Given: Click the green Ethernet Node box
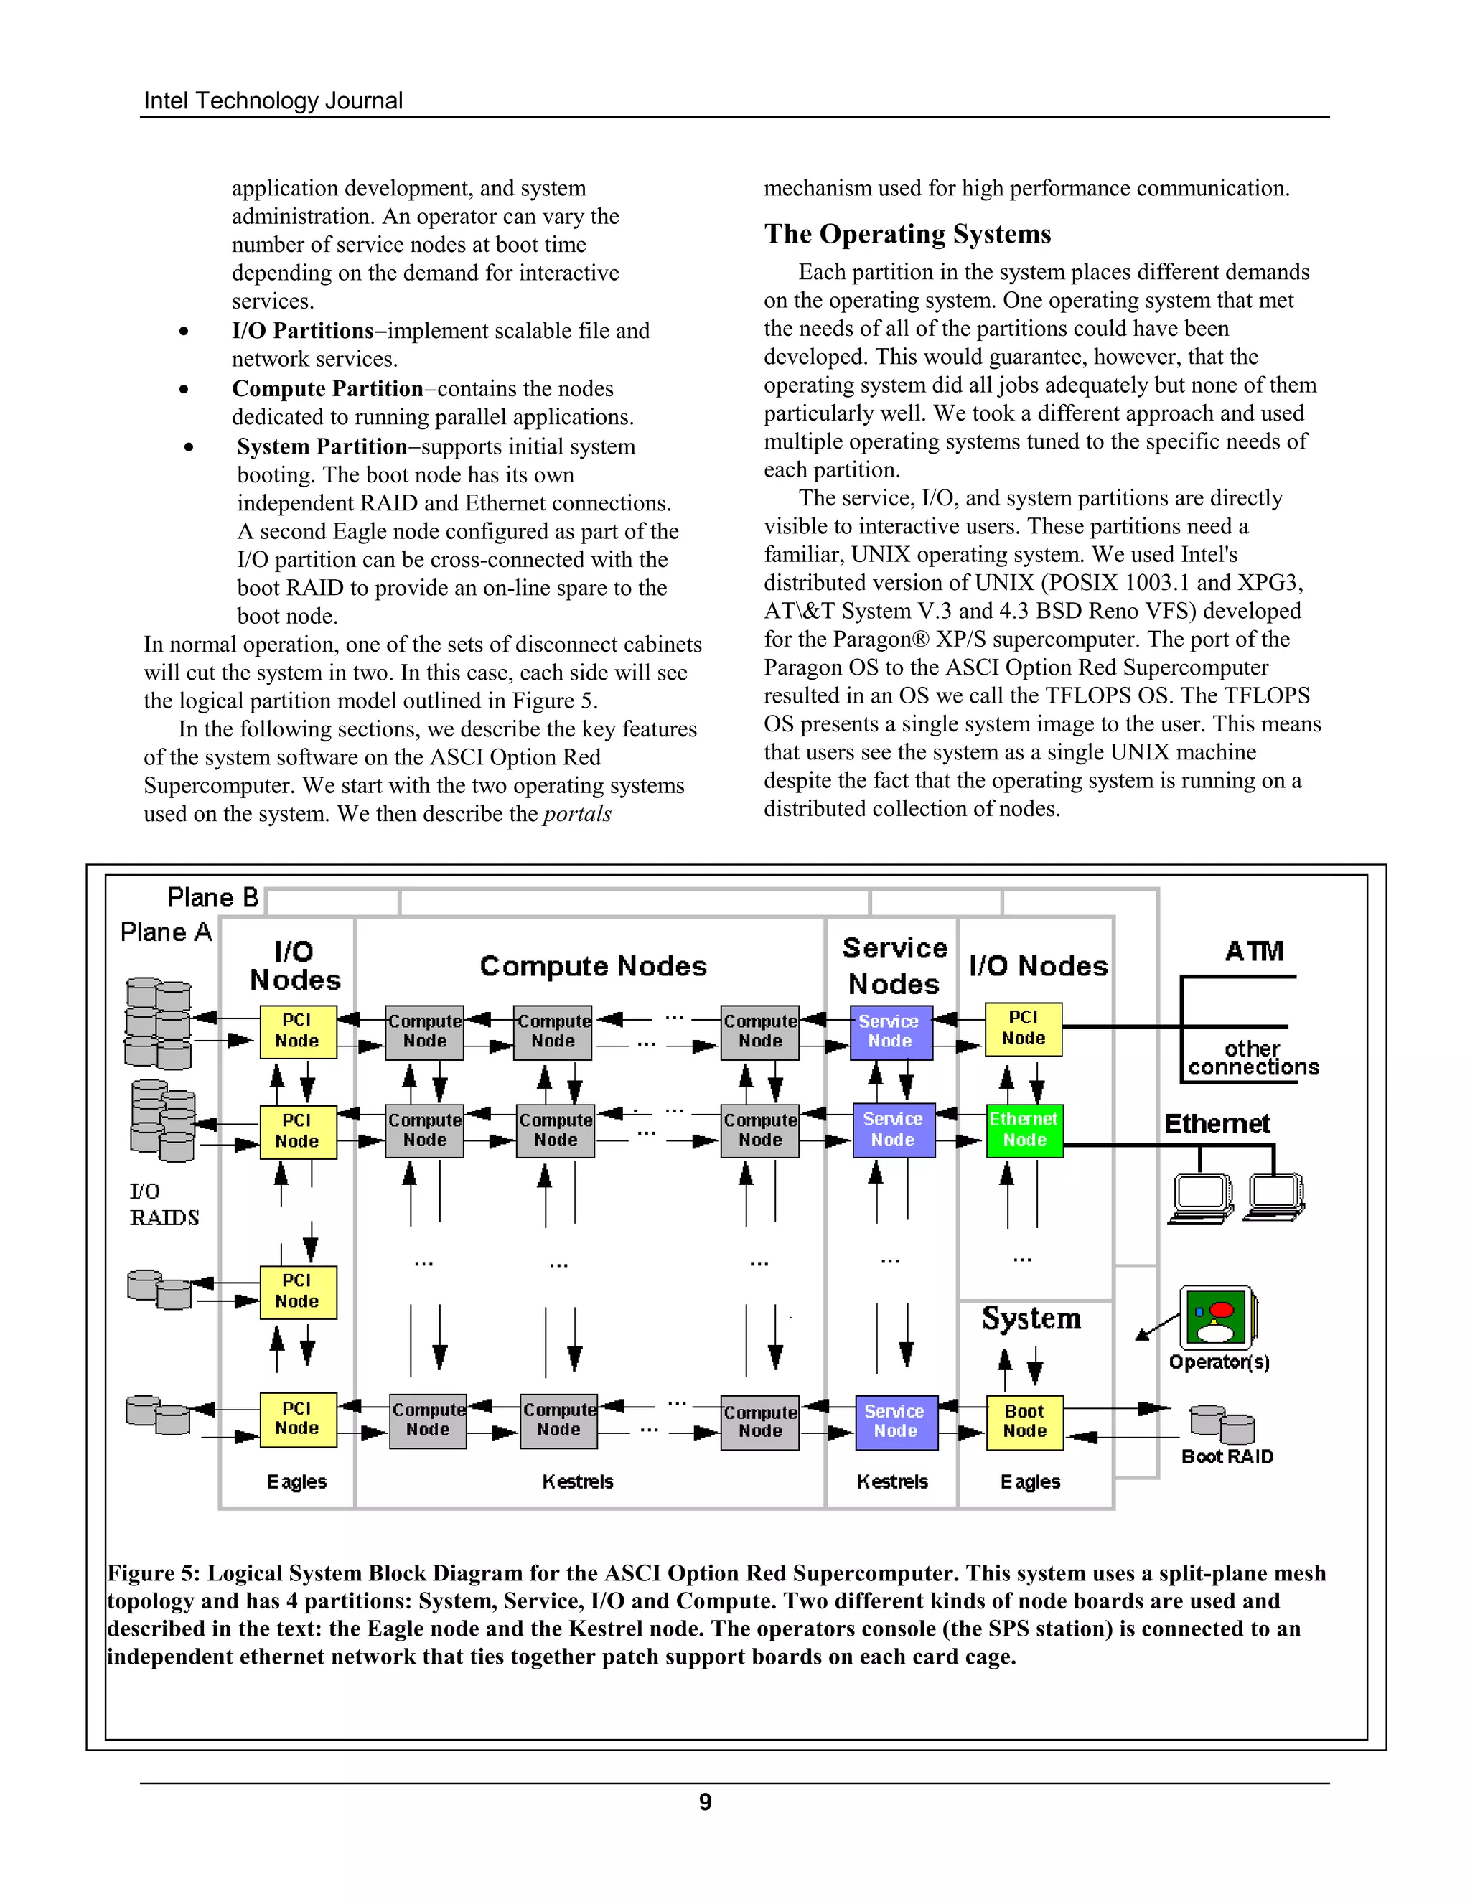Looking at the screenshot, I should [x=1024, y=1130].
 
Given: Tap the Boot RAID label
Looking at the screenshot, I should [x=1226, y=1457].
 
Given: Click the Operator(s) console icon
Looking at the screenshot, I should [x=1217, y=1318].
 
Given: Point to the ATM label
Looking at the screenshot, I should [x=1254, y=951].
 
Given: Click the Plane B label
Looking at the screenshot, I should [x=213, y=897].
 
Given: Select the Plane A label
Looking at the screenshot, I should [x=167, y=932].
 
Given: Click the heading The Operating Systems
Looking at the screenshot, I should [x=907, y=233].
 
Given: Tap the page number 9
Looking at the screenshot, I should [x=705, y=1802].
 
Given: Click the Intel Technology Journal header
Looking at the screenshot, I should [x=273, y=101].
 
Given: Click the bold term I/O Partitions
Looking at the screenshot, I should [x=302, y=331].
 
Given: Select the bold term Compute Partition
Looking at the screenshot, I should [x=327, y=388].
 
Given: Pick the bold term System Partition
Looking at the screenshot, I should [x=322, y=446].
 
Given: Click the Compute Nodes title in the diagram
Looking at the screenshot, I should [x=592, y=966].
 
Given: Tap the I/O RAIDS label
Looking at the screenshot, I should [x=163, y=1204].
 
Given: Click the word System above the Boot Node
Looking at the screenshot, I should [x=1031, y=1318].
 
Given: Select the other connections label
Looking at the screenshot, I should [x=1253, y=1058].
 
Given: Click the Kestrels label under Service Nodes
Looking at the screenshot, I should [x=891, y=1481].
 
